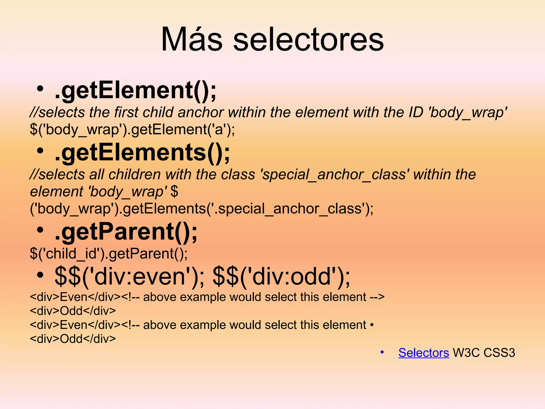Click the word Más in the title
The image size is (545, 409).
(192, 40)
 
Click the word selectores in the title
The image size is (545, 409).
(308, 40)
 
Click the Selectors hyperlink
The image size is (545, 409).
(424, 353)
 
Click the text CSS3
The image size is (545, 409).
(499, 353)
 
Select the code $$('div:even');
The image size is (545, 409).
(130, 277)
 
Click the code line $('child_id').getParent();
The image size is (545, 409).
(109, 253)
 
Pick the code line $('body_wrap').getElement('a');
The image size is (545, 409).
(132, 130)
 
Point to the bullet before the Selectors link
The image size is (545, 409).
(382, 352)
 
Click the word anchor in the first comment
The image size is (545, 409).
(201, 112)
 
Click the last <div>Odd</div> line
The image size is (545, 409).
(73, 339)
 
